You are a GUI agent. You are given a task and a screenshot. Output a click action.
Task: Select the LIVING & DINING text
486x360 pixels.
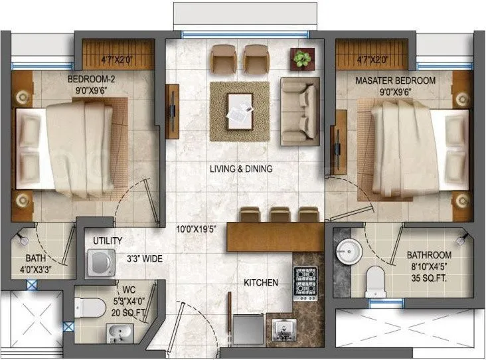241,169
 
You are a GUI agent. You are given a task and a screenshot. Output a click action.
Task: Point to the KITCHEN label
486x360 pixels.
261,282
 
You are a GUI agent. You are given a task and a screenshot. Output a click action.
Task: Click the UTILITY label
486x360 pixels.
108,240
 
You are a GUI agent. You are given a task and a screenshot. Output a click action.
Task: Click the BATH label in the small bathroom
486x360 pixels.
35,258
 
